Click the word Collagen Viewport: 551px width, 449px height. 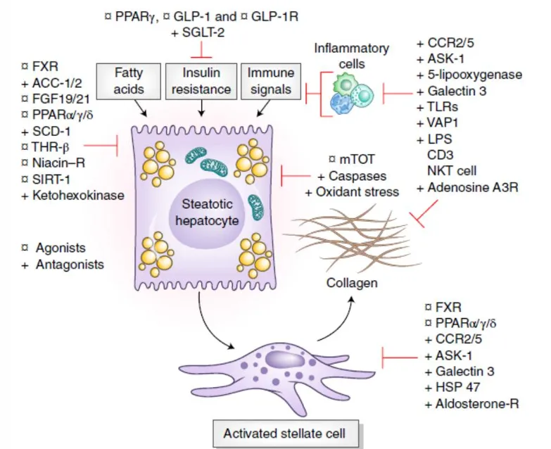(353, 283)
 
